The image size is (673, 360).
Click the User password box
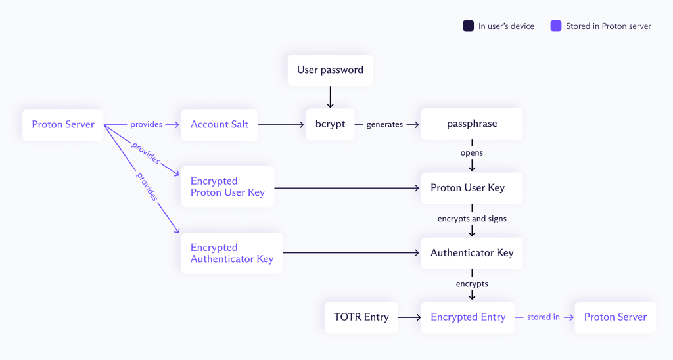[x=330, y=70]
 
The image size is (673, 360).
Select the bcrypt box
[x=330, y=124]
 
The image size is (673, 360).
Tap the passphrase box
[x=472, y=124]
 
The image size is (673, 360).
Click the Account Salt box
[x=220, y=124]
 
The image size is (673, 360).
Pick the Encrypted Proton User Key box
[x=227, y=187]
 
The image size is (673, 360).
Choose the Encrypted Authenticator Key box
[x=232, y=253]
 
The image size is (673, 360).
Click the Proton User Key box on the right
[x=472, y=188]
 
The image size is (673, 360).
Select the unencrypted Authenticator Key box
[x=472, y=253]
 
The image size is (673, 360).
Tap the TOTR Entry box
[x=361, y=317]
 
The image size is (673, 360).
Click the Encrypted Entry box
[x=468, y=317]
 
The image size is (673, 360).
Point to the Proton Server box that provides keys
[x=63, y=124]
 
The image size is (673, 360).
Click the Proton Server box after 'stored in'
[x=615, y=317]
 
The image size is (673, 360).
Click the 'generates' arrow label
[x=384, y=125]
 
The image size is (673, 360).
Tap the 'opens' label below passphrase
[x=472, y=153]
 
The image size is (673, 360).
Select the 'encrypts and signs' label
[x=472, y=219]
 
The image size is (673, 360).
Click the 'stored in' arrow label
[x=543, y=317]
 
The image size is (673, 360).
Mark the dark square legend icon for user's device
[x=468, y=26]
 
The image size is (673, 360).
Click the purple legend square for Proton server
[x=556, y=26]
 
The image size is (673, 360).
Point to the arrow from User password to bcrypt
[x=330, y=97]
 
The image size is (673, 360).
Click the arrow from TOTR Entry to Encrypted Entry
[x=409, y=317]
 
